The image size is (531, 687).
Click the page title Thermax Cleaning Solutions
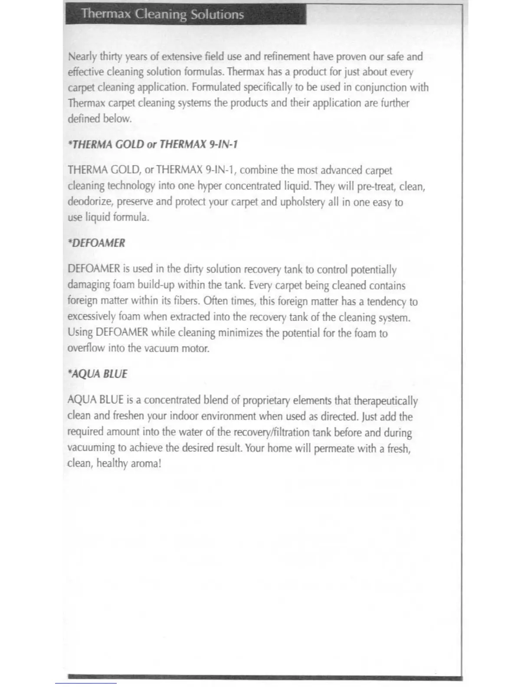(162, 14)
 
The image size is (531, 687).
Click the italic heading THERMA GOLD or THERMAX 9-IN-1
(153, 144)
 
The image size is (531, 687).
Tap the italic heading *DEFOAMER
(96, 243)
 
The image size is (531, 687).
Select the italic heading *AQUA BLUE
(97, 374)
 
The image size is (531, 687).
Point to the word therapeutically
(386, 400)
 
